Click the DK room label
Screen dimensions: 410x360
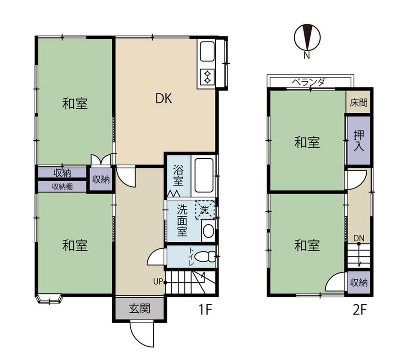(164, 99)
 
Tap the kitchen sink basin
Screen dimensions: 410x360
(207, 51)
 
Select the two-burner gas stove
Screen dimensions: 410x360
(207, 77)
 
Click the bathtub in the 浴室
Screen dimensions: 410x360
(204, 175)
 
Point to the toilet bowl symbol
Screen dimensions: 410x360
(205, 257)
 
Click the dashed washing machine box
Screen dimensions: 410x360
(205, 210)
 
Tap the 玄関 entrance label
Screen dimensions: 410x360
(139, 309)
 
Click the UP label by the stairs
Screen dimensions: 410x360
(158, 282)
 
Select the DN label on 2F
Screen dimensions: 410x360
(359, 238)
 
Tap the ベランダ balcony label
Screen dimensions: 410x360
(308, 82)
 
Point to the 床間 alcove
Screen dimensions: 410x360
(358, 102)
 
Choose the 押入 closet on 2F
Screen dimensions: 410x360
(358, 141)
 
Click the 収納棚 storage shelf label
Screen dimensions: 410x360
(62, 186)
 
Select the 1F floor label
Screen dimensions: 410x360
(205, 310)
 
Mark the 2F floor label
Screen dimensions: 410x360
(360, 310)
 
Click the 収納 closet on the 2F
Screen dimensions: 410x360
(359, 282)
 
